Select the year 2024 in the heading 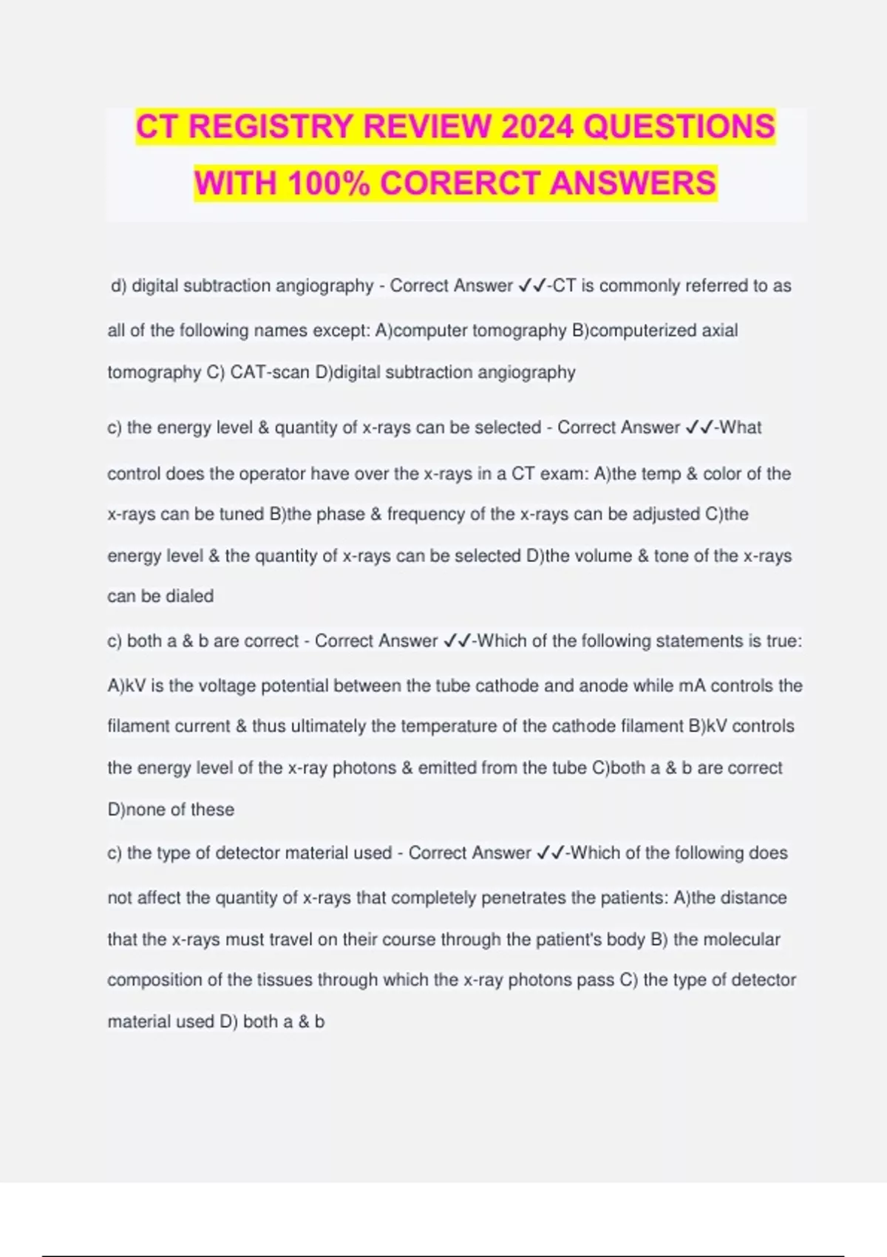click(537, 126)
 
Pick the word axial click(719, 331)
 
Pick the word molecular click(741, 940)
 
